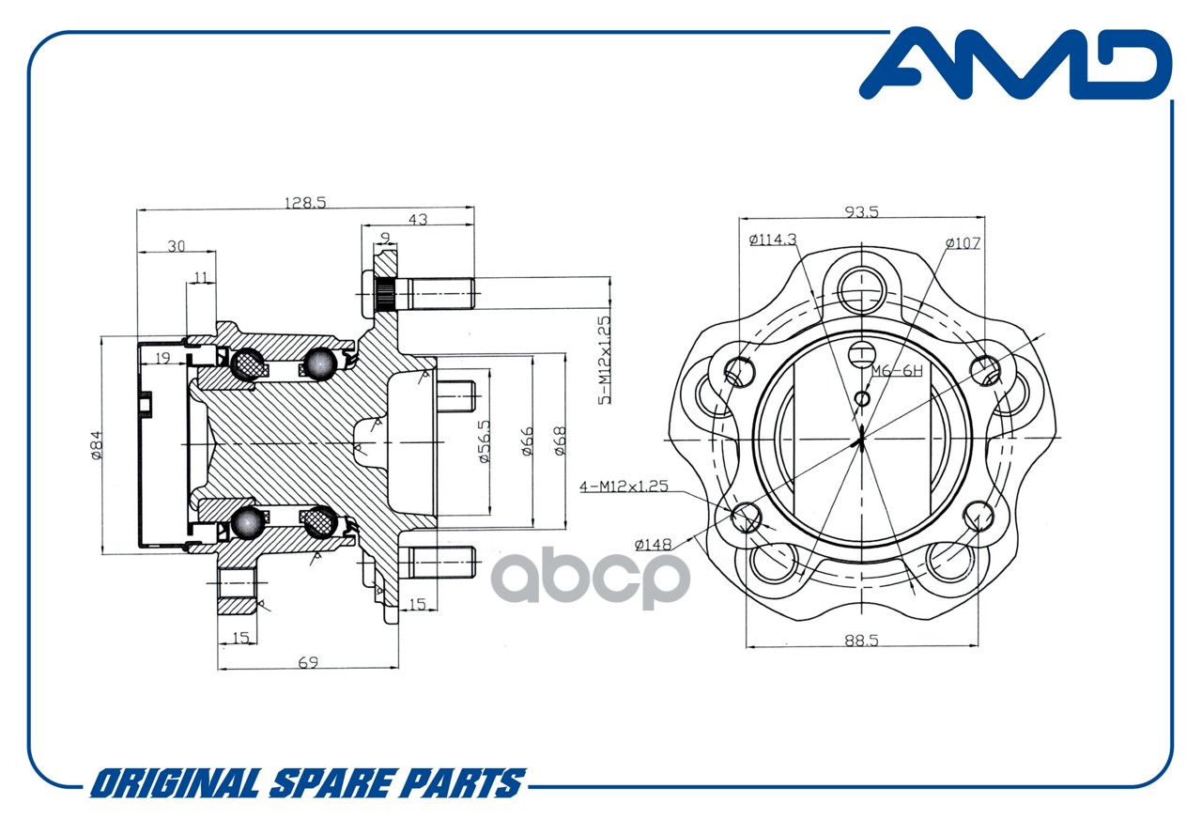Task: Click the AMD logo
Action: pos(1015,65)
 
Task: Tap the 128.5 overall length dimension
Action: pos(305,203)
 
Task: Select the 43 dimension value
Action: pos(418,220)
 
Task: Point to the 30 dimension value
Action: pos(176,246)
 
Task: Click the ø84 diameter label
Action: pos(96,445)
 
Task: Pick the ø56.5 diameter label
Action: pos(484,441)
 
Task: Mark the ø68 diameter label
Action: pos(560,440)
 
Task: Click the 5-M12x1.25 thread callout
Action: pos(604,360)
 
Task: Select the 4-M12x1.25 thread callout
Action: pos(624,487)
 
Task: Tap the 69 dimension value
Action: pos(308,663)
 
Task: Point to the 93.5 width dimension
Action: pos(862,212)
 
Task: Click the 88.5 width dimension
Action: pos(861,641)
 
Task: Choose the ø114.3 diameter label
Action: pos(773,240)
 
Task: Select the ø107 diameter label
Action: pos(963,243)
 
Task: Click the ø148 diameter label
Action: pos(653,545)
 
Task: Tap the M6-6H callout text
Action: pos(897,370)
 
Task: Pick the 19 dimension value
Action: pos(162,358)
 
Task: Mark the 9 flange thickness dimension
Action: pos(385,237)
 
